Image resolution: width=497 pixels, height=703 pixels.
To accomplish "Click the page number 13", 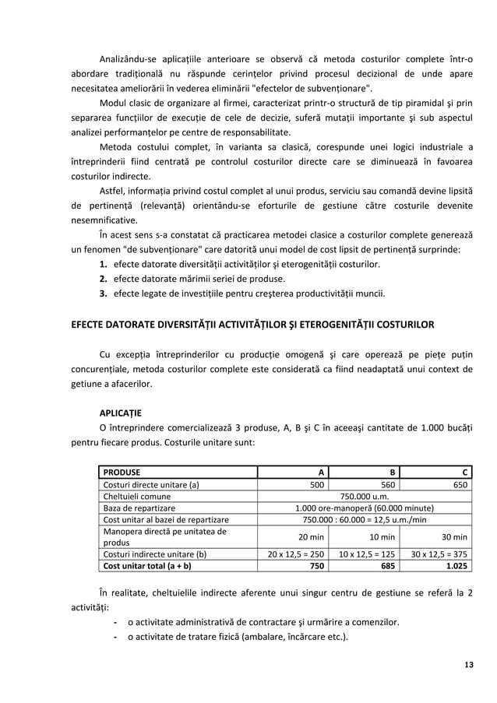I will [467, 664].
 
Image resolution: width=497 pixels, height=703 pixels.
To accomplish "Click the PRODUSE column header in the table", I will [122, 471].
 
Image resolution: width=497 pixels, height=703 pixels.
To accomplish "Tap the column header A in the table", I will [320, 471].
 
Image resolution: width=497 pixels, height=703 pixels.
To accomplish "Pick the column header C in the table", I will [464, 471].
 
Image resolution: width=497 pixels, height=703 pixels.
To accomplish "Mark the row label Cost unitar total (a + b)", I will [148, 566].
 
